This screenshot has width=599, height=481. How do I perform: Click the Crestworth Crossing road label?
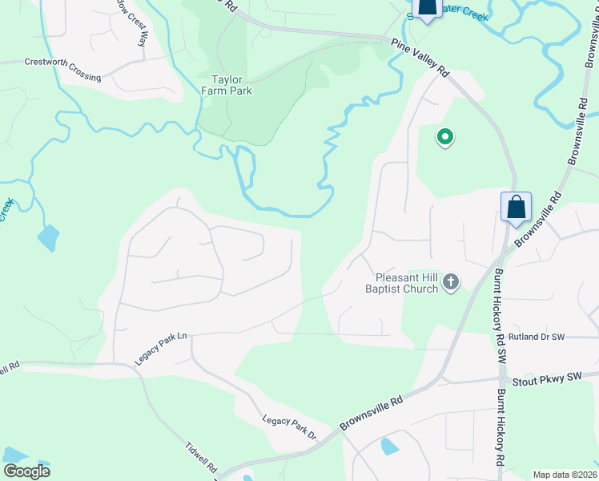point(62,69)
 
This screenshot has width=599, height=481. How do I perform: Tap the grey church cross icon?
point(451,282)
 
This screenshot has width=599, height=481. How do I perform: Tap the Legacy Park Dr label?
point(290,428)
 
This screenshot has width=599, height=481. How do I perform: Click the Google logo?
point(26,471)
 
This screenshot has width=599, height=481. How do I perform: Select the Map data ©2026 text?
point(564,475)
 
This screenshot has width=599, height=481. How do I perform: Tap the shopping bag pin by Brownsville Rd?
point(516,208)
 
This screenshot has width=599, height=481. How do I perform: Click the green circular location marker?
point(444,138)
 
